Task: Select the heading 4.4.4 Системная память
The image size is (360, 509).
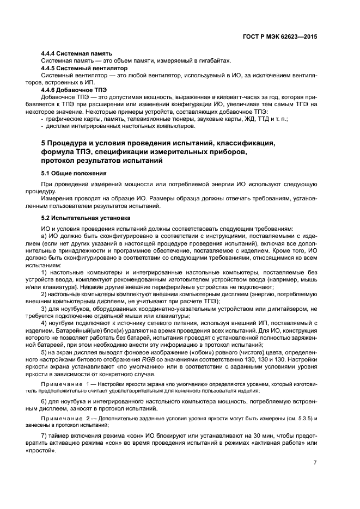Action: click(77, 53)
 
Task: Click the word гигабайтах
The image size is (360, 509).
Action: click(213, 60)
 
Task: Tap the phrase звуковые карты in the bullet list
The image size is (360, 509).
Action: click(221, 118)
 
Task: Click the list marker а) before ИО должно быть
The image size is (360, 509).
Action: click(45, 236)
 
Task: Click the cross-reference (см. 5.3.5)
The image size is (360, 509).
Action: click(295, 418)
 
